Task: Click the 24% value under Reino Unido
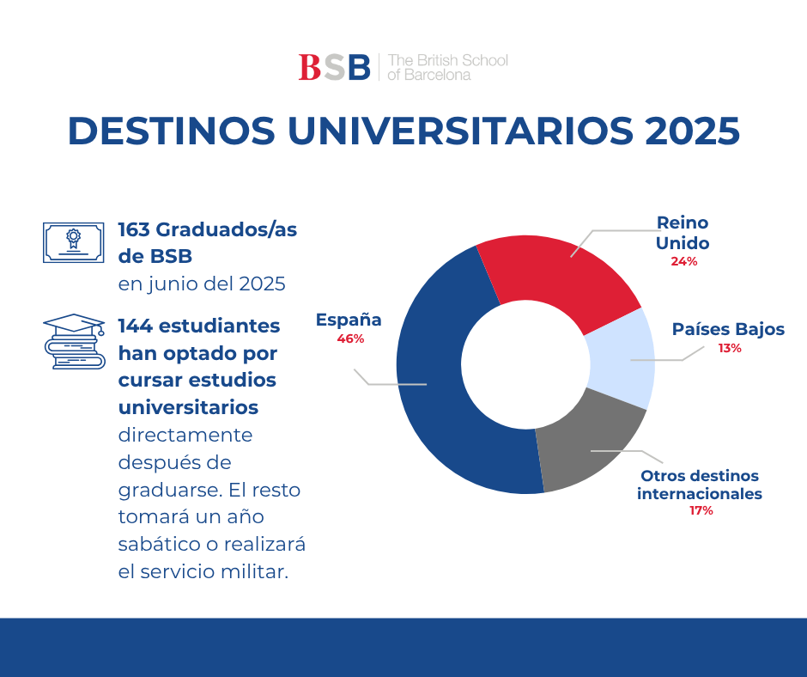click(683, 262)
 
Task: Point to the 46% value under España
click(350, 339)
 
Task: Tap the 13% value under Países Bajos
click(730, 348)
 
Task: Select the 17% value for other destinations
click(701, 510)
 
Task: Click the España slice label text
click(349, 320)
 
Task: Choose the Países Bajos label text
click(728, 329)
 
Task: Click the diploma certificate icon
click(74, 242)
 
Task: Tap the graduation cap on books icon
click(74, 341)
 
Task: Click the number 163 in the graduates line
click(134, 229)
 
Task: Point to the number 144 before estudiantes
click(136, 326)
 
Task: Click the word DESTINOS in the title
click(172, 131)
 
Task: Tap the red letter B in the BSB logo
click(310, 67)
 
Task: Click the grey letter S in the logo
click(335, 67)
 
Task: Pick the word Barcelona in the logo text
click(437, 76)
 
